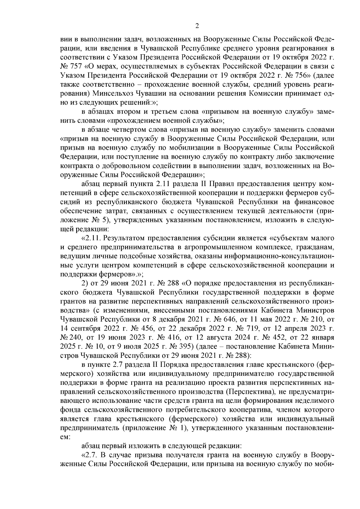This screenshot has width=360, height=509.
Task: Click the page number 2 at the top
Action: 197,26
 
